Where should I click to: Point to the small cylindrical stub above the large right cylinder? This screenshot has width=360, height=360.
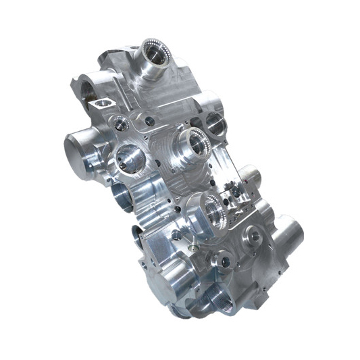coord(251,177)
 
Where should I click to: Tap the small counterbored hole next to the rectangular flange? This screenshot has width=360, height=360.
coord(120,124)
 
